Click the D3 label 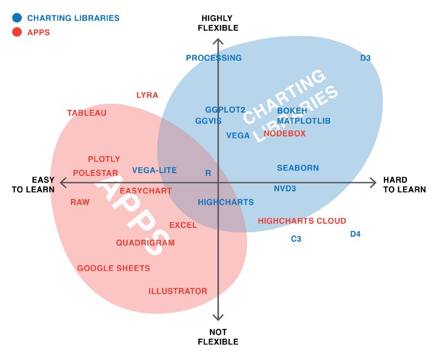coord(365,58)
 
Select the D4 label coord(355,234)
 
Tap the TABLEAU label coord(87,113)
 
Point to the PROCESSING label coord(214,58)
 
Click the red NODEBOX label coord(285,133)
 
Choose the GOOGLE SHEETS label coord(114,268)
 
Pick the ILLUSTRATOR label coord(178,291)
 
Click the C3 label coord(296,239)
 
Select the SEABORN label coord(298,168)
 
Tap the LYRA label coord(147,95)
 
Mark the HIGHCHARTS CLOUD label coord(302,221)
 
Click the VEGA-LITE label coord(155,170)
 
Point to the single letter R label coord(208,173)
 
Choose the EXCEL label coord(183,225)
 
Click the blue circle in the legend coord(16,18)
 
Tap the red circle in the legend coord(16,32)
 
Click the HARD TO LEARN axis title coord(404,185)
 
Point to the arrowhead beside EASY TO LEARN coord(62,182)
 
